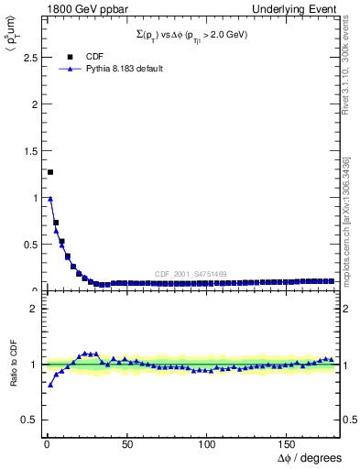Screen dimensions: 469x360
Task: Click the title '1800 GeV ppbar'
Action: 72,8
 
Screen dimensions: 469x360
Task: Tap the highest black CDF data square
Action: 50,172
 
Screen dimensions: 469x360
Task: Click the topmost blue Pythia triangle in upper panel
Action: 50,199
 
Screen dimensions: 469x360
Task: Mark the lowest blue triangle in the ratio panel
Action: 50,385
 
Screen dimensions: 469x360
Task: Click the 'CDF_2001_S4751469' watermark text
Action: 190,275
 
